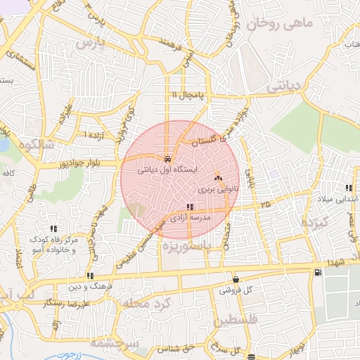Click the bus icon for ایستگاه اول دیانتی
(167, 159)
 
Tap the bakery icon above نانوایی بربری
(217, 178)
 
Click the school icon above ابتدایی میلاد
(349, 187)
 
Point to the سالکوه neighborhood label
(37, 145)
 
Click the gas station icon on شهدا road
(320, 272)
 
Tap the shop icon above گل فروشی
(236, 279)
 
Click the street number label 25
(265, 204)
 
